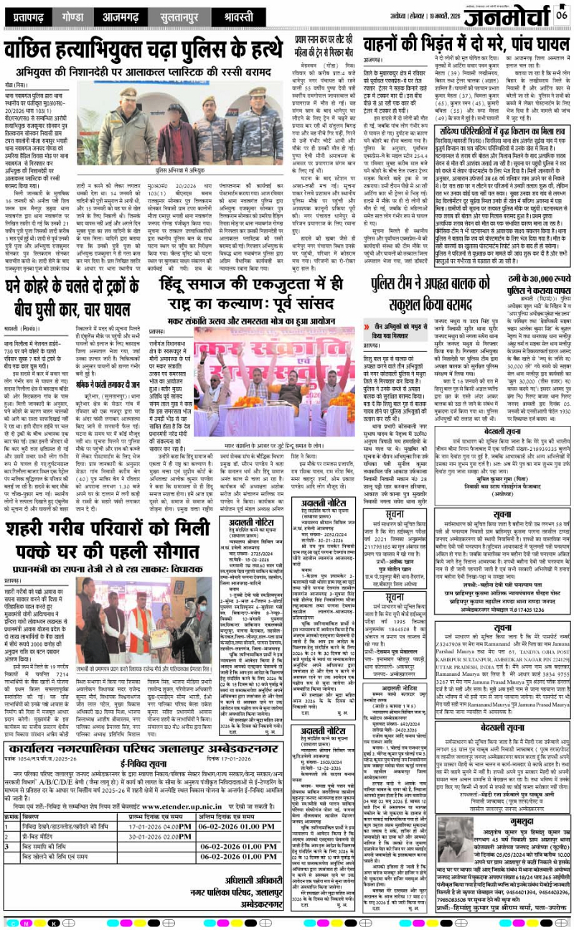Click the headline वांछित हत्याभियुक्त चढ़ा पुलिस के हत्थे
click(x=144, y=52)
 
